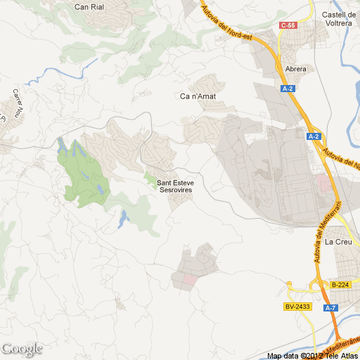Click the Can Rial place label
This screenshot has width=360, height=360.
pyautogui.click(x=90, y=6)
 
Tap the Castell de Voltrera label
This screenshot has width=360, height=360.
pyautogui.click(x=337, y=18)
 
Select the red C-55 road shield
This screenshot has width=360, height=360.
pyautogui.click(x=288, y=25)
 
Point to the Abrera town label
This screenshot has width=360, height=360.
pyautogui.click(x=297, y=69)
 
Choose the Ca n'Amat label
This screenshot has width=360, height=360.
pyautogui.click(x=198, y=96)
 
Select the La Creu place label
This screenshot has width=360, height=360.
pyautogui.click(x=338, y=242)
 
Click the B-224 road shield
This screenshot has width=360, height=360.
pyautogui.click(x=340, y=285)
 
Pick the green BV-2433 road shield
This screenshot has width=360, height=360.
pyautogui.click(x=298, y=307)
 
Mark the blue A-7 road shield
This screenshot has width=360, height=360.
pyautogui.click(x=330, y=308)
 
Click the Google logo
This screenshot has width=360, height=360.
pyautogui.click(x=22, y=349)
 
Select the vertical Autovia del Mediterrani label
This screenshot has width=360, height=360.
pyautogui.click(x=318, y=231)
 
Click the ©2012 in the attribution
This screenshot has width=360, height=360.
pyautogui.click(x=311, y=356)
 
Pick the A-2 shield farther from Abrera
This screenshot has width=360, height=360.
pyautogui.click(x=314, y=136)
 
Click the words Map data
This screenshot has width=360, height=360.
pyautogui.click(x=283, y=356)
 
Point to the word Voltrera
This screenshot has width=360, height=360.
pyautogui.click(x=337, y=22)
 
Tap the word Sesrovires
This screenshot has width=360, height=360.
pyautogui.click(x=176, y=190)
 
